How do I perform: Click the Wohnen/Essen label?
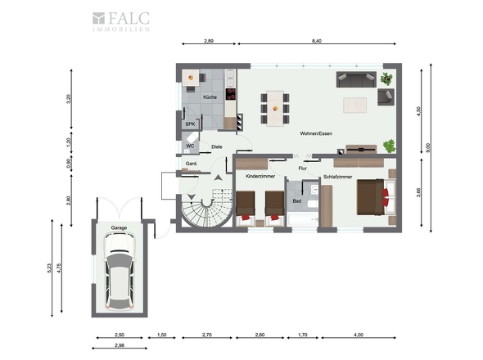click(315, 133)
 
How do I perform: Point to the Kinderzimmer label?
click(253, 176)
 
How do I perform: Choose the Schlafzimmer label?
click(338, 176)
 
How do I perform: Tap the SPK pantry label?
click(190, 124)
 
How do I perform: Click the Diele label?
click(216, 147)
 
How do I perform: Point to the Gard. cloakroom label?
click(192, 164)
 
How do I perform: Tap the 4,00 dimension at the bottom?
click(358, 335)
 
